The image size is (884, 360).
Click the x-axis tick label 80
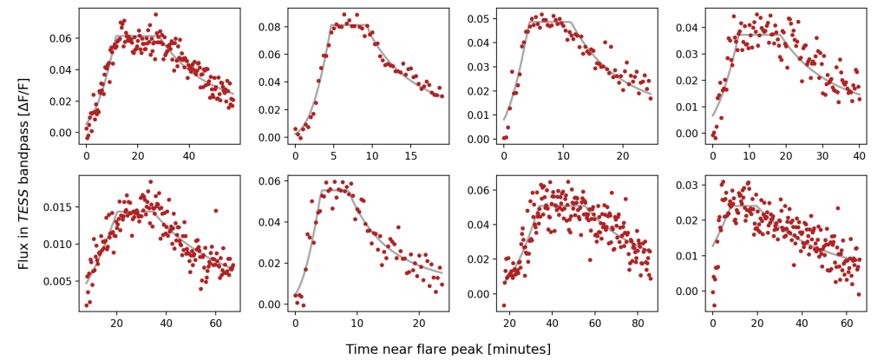[x=638, y=324]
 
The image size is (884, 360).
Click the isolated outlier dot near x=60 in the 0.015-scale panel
[x=215, y=210]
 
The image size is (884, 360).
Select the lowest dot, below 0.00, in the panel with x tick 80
[x=504, y=305]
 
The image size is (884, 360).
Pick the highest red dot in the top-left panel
[x=155, y=15]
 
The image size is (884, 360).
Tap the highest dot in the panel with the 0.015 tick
[x=150, y=182]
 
